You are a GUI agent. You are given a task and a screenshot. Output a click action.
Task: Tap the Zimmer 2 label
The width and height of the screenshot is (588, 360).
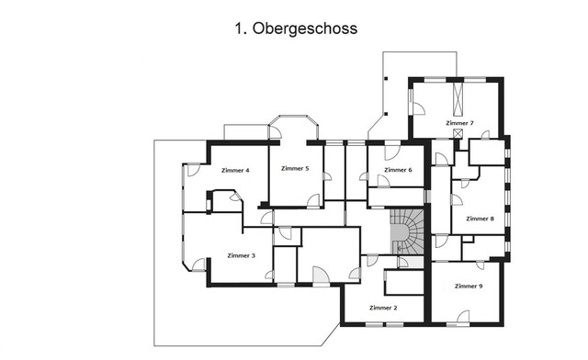(x=383, y=308)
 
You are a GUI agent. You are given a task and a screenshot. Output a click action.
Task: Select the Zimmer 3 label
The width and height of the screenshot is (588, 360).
(x=241, y=255)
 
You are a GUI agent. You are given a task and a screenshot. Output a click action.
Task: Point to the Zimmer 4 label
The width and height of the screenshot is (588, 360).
(x=236, y=170)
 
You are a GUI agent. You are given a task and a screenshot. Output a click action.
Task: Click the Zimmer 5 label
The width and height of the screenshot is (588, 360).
(x=295, y=169)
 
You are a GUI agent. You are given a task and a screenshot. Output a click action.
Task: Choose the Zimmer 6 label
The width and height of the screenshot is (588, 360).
(x=398, y=170)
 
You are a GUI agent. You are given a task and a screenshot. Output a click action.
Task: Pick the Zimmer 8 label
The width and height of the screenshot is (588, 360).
(x=480, y=219)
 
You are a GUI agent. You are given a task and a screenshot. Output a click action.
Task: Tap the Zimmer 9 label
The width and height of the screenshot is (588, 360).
(x=469, y=287)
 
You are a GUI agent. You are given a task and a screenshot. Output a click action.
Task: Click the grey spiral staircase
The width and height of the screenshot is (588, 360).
(x=407, y=232)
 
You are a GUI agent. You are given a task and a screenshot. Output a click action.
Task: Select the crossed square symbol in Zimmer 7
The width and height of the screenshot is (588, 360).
(x=458, y=133)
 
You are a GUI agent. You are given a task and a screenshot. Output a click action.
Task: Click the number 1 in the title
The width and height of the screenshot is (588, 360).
(x=239, y=28)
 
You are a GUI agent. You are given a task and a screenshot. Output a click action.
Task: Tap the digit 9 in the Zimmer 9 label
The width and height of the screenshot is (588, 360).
(x=481, y=287)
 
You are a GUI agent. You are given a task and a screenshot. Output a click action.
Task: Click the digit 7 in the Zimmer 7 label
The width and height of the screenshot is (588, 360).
(x=472, y=122)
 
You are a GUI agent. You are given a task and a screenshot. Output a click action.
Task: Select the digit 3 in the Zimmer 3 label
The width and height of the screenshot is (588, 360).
(x=254, y=255)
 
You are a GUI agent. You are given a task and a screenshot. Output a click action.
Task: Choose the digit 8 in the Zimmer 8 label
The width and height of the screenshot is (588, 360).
(x=492, y=219)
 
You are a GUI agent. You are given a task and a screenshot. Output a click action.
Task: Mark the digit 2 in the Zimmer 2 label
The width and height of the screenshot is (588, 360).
(x=396, y=308)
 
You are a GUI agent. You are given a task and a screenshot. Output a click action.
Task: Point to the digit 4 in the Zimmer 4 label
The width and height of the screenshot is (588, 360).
(x=249, y=170)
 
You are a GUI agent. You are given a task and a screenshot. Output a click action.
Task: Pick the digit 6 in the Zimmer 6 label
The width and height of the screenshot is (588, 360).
(x=410, y=170)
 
